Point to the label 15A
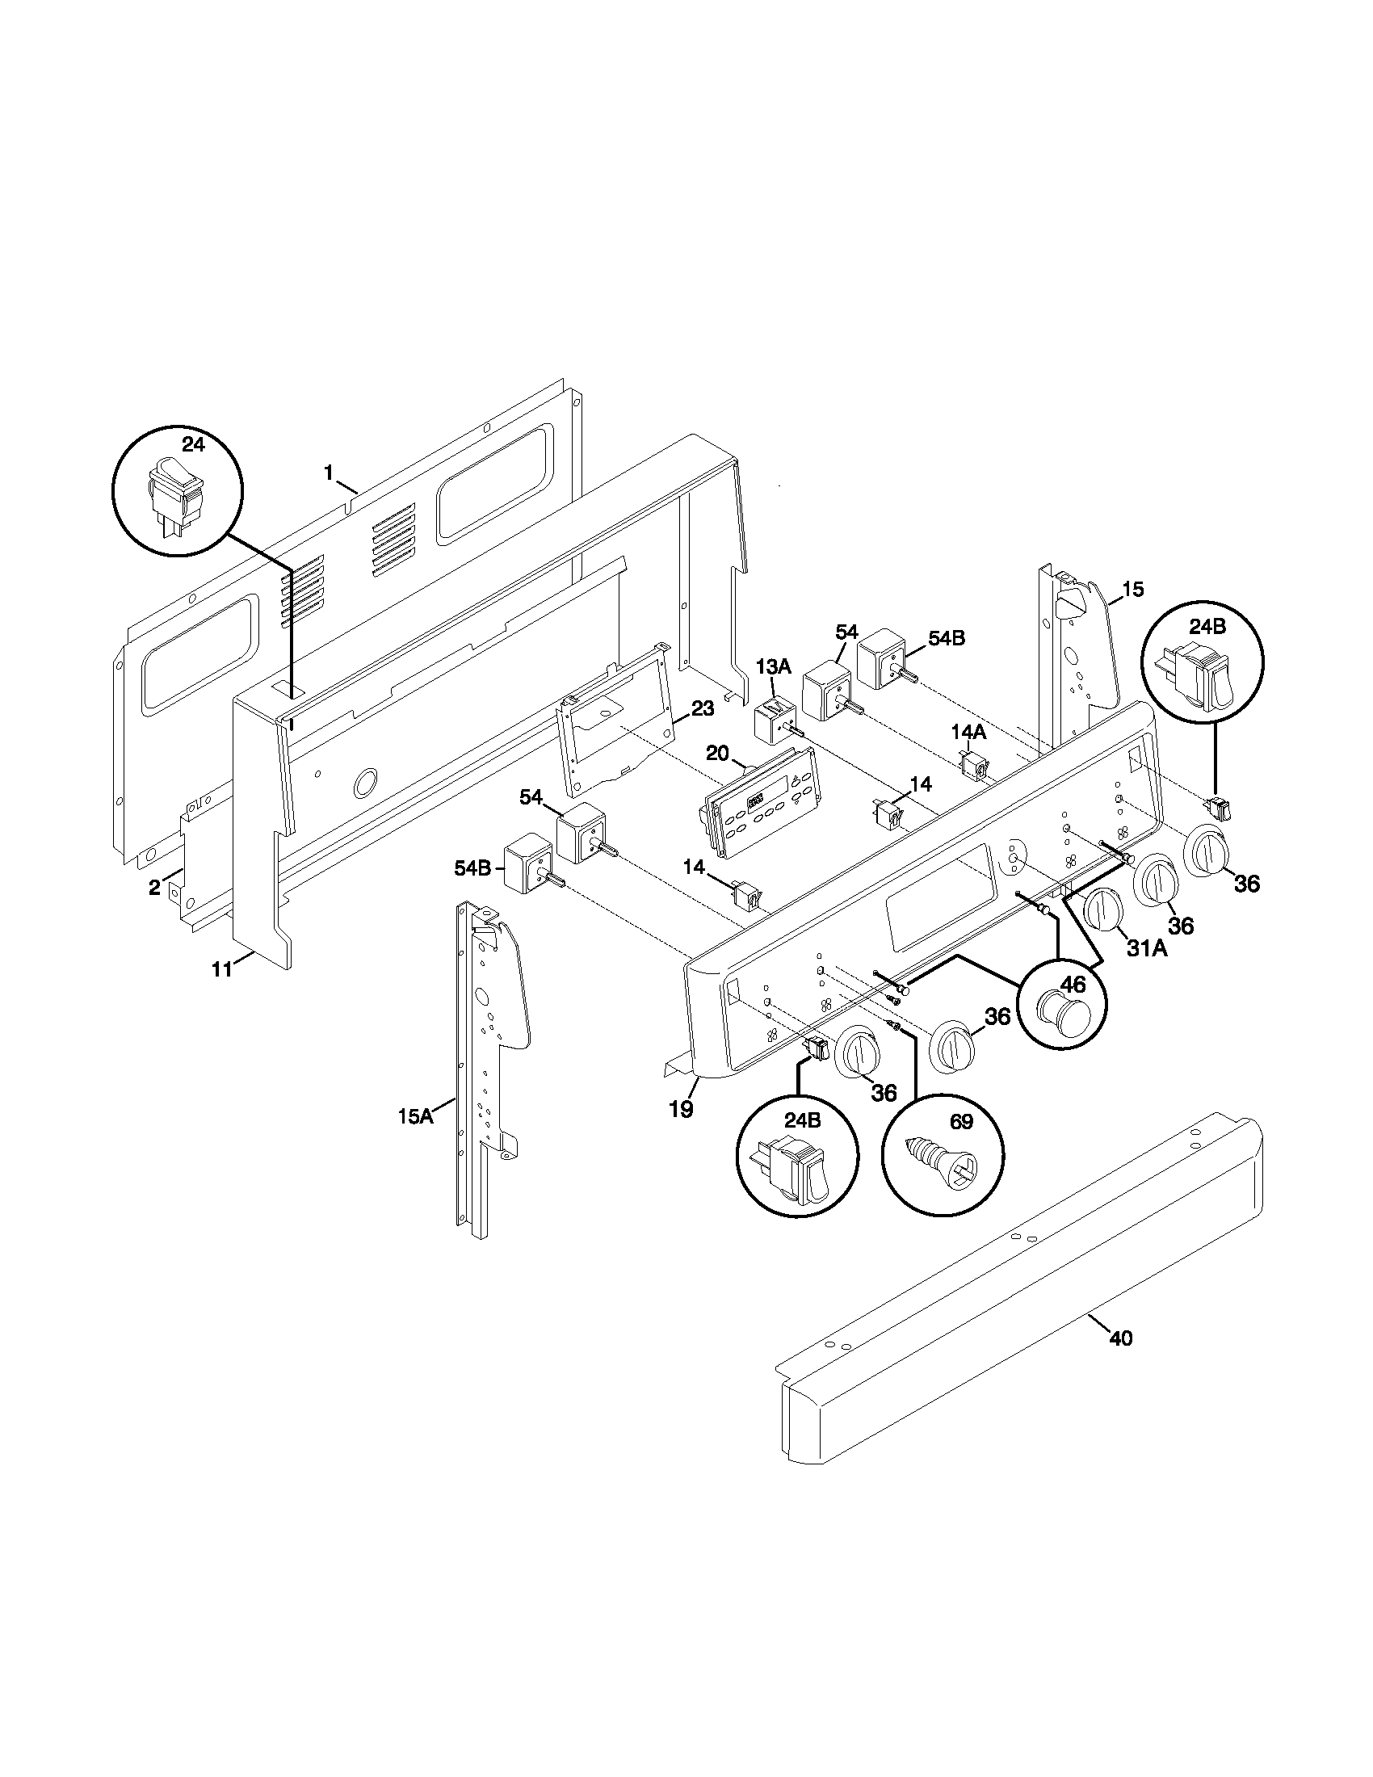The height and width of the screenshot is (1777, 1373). pyautogui.click(x=415, y=1116)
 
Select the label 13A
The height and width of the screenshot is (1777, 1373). pyautogui.click(x=773, y=667)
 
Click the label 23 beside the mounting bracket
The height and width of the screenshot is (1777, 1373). pyautogui.click(x=702, y=708)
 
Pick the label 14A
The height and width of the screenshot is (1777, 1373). pyautogui.click(x=968, y=732)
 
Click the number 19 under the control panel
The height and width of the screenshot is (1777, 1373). pyautogui.click(x=681, y=1109)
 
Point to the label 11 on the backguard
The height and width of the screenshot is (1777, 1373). pyautogui.click(x=221, y=968)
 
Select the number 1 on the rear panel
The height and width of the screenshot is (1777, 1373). pyautogui.click(x=329, y=473)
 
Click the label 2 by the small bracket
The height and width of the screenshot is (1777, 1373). pyautogui.click(x=154, y=888)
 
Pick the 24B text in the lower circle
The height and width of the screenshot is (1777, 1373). pyautogui.click(x=802, y=1120)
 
